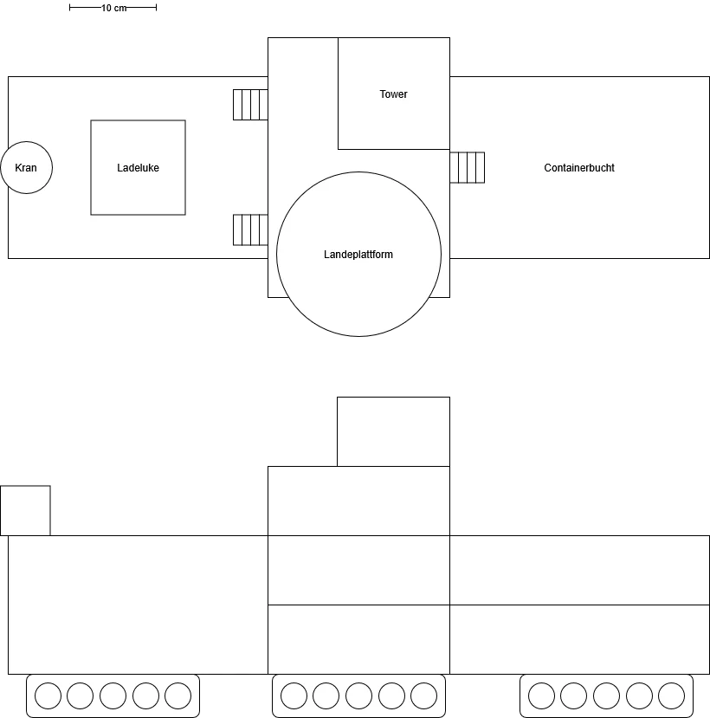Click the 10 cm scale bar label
[x=113, y=8]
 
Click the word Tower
[x=393, y=94]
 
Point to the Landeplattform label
[x=358, y=254]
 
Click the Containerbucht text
[x=579, y=168]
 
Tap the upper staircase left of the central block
[x=250, y=105]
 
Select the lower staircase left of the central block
[x=250, y=230]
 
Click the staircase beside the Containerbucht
[x=468, y=168]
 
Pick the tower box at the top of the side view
[x=394, y=432]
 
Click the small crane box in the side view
[x=25, y=510]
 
